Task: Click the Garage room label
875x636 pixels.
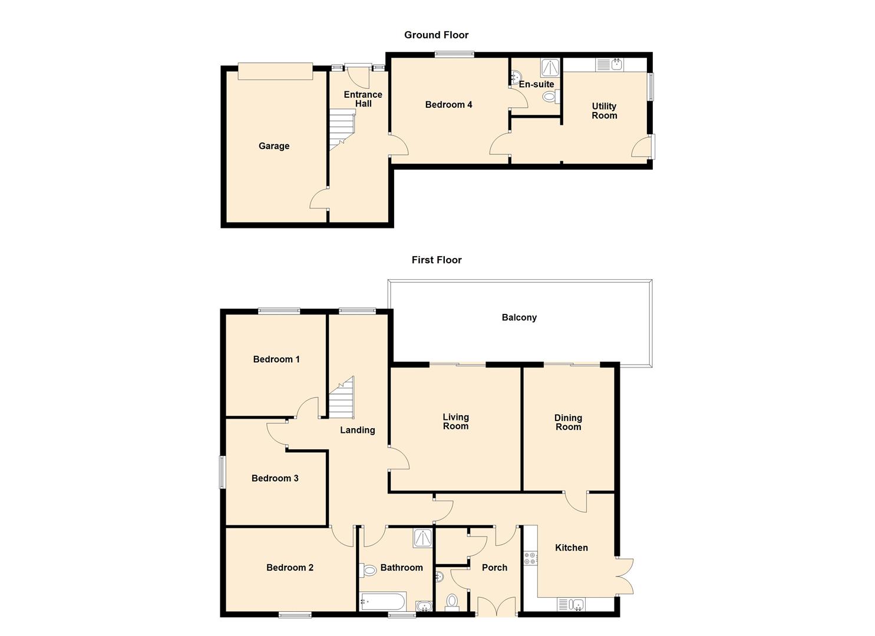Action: click(274, 146)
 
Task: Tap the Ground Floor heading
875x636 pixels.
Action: click(437, 35)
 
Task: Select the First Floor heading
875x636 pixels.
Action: click(437, 260)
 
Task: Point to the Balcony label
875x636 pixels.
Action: click(519, 317)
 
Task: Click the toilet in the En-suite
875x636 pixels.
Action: click(552, 97)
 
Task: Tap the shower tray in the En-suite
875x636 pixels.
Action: click(550, 68)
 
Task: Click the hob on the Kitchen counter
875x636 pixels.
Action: click(530, 558)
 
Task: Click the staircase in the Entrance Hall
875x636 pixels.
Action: click(342, 130)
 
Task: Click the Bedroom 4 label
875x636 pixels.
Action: click(448, 105)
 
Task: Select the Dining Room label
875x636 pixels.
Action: click(569, 422)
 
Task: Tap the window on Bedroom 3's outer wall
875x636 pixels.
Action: click(222, 472)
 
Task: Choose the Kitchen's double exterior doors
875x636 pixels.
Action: click(625, 577)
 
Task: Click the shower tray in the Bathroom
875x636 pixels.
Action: click(422, 538)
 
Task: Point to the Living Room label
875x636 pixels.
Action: click(455, 422)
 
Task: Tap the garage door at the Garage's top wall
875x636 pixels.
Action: click(275, 71)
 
